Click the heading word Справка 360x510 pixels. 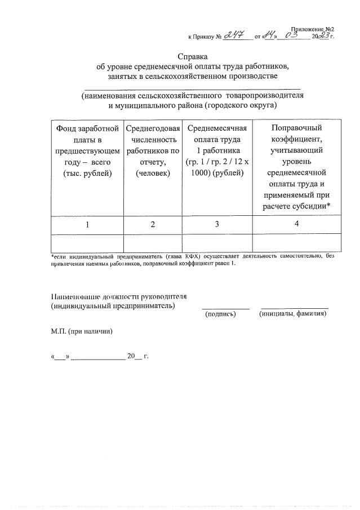(x=193, y=57)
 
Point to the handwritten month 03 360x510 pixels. (x=294, y=36)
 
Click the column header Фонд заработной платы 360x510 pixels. (x=87, y=150)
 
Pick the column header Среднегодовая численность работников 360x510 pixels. (x=153, y=150)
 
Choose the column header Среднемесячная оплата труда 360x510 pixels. (x=217, y=150)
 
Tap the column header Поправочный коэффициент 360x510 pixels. (x=296, y=167)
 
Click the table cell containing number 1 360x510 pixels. (x=87, y=225)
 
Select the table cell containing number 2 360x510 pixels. (x=153, y=225)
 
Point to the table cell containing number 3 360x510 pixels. (x=217, y=225)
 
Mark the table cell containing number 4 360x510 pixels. (x=296, y=224)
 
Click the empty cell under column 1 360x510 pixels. (x=87, y=242)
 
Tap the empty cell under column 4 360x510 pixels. (x=296, y=242)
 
